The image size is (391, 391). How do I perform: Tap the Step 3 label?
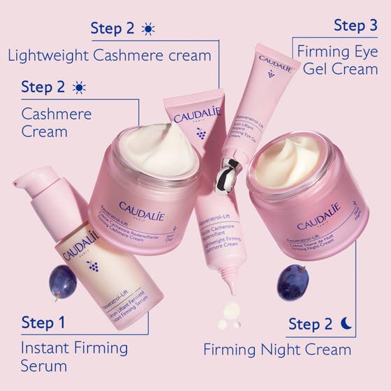pyautogui.click(x=355, y=26)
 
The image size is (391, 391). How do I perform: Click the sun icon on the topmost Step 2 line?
pyautogui.click(x=147, y=29)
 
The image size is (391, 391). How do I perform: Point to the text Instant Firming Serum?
pyautogui.click(x=74, y=356)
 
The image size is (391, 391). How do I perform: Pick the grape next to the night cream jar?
pyautogui.click(x=293, y=281)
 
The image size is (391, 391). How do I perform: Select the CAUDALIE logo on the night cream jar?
pyautogui.click(x=318, y=216)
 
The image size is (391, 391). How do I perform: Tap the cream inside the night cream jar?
pyautogui.click(x=287, y=162)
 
